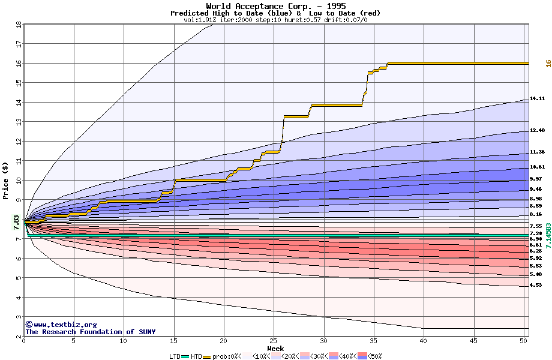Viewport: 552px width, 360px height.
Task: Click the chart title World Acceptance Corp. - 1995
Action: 275,6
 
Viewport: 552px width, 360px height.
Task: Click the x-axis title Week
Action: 275,348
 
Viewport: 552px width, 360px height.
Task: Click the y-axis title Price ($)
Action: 6,181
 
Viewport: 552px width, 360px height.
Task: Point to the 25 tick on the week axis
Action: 274,341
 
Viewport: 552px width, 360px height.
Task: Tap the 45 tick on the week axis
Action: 473,341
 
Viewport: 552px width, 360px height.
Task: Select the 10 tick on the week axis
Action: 124,341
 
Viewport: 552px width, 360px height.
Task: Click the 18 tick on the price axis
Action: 18,25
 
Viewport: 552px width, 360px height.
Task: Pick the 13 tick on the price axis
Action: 18,122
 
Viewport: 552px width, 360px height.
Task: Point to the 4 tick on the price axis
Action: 18,298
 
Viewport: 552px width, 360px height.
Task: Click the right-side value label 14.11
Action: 537,98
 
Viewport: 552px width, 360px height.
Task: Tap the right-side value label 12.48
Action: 537,130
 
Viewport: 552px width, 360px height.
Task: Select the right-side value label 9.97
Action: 536,179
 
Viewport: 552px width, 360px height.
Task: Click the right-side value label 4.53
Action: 536,285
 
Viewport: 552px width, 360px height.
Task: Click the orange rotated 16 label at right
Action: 548,63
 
